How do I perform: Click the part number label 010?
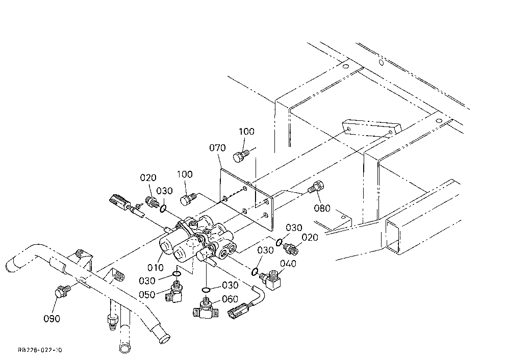pyautogui.click(x=156, y=267)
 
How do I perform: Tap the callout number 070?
pyautogui.click(x=217, y=148)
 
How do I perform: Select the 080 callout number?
pyautogui.click(x=322, y=208)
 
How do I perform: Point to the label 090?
pyautogui.click(x=52, y=319)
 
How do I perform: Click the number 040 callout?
pyautogui.click(x=288, y=264)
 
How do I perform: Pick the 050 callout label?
pyautogui.click(x=147, y=295)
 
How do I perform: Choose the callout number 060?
pyautogui.click(x=230, y=299)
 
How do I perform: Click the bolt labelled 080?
pyautogui.click(x=316, y=187)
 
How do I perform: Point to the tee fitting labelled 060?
pyautogui.click(x=205, y=308)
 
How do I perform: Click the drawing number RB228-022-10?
pyautogui.click(x=40, y=350)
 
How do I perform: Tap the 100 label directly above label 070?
pyautogui.click(x=246, y=132)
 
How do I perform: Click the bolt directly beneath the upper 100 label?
pyautogui.click(x=241, y=156)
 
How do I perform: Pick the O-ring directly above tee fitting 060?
pyautogui.click(x=206, y=289)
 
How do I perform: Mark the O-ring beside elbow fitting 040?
pyautogui.click(x=255, y=271)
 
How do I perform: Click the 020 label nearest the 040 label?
pyautogui.click(x=310, y=238)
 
